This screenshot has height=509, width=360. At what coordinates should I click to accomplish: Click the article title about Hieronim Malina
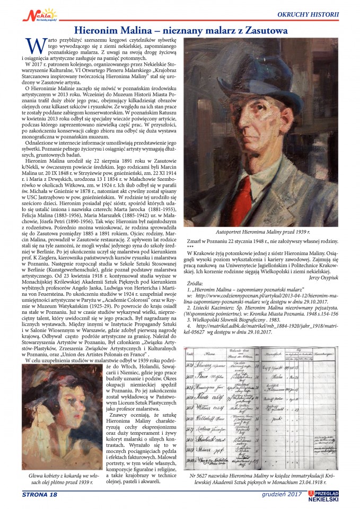[181, 31]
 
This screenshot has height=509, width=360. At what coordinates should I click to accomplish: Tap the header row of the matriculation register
[260, 354]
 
